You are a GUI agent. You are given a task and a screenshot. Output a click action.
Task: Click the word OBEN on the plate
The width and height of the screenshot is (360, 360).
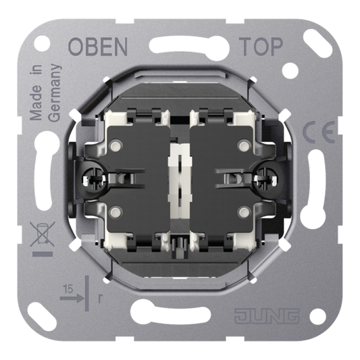point(98,47)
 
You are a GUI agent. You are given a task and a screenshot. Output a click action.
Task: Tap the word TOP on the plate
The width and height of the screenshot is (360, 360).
point(261,47)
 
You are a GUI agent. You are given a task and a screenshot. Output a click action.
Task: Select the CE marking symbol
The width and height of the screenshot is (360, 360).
point(318,132)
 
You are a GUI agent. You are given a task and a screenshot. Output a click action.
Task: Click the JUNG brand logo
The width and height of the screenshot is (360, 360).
point(267,316)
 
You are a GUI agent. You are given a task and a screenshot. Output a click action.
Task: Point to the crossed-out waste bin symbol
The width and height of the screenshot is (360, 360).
point(43,234)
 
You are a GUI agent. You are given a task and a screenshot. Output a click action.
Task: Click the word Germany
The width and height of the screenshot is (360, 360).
point(55,93)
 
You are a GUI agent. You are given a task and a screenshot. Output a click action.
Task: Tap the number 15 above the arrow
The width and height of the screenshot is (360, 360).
point(68,290)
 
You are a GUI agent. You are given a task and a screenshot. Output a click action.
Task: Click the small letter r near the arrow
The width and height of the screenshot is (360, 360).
point(100,299)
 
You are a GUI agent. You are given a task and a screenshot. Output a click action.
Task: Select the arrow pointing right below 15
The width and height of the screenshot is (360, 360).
point(72,299)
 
